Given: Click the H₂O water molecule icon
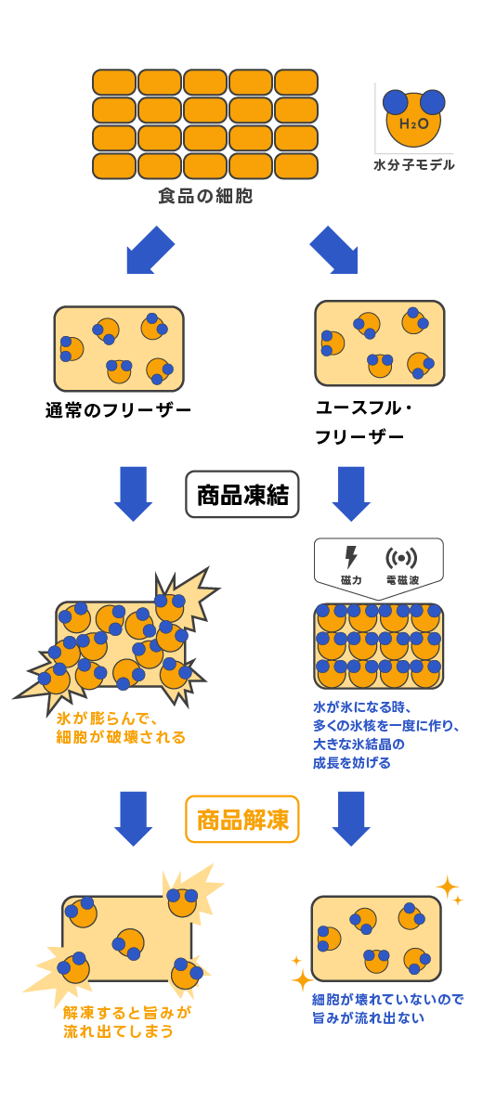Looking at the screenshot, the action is tap(413, 118).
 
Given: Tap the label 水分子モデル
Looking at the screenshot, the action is tap(414, 165).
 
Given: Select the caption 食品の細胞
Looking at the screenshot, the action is tap(205, 196).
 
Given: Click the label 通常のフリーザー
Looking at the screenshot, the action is tap(118, 410).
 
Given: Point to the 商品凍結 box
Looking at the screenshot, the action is tap(242, 495).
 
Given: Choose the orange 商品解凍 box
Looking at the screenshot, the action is tap(242, 819).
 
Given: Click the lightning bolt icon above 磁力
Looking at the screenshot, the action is tap(351, 557).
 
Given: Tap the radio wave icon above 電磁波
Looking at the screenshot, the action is tap(401, 558).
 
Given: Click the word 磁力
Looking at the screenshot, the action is tap(351, 580).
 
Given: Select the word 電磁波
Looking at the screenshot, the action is tap(402, 580).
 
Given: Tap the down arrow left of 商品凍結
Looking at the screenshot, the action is tap(134, 494).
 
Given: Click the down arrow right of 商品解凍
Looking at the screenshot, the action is tap(351, 819).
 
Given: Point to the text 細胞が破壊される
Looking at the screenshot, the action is tap(121, 737).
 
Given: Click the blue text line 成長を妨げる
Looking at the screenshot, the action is tap(352, 763).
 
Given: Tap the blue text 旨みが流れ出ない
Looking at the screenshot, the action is tap(368, 1018).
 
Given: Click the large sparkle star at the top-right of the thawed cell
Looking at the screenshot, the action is tap(447, 887).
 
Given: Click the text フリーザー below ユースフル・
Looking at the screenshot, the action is tap(359, 437).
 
